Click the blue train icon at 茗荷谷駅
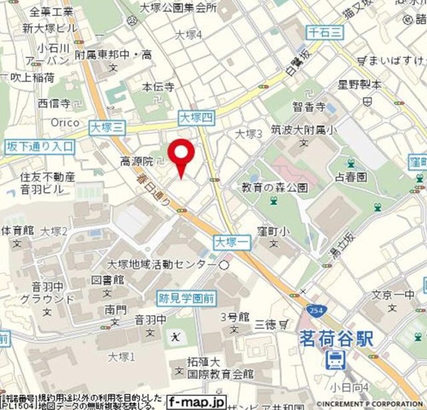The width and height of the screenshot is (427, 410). [x=334, y=361]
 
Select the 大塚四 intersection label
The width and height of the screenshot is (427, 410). [x=196, y=118]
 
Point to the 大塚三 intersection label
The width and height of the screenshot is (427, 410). [x=106, y=125]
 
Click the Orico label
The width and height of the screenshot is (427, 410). [x=65, y=123]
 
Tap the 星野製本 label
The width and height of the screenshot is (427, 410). [x=360, y=85]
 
